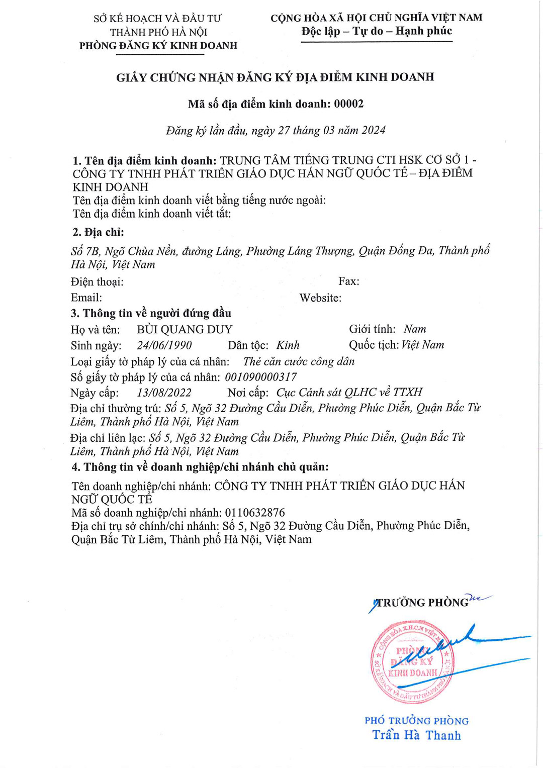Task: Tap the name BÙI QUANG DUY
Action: (x=185, y=330)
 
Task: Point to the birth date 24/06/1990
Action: (x=164, y=346)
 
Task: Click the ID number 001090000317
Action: (x=260, y=377)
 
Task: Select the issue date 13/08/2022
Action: (x=164, y=393)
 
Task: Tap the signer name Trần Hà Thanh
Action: (x=416, y=735)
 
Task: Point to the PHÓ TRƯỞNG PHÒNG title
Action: (x=416, y=721)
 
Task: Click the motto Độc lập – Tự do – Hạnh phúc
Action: (x=377, y=31)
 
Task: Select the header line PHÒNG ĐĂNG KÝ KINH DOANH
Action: (x=158, y=46)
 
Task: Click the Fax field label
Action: (x=349, y=281)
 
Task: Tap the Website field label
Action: (x=320, y=298)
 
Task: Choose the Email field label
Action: (x=86, y=298)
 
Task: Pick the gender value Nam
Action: (x=415, y=329)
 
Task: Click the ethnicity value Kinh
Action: (x=288, y=345)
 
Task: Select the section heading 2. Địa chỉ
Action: (x=98, y=232)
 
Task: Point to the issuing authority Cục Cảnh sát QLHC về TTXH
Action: (x=349, y=393)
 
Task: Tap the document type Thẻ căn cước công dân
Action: (x=299, y=361)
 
